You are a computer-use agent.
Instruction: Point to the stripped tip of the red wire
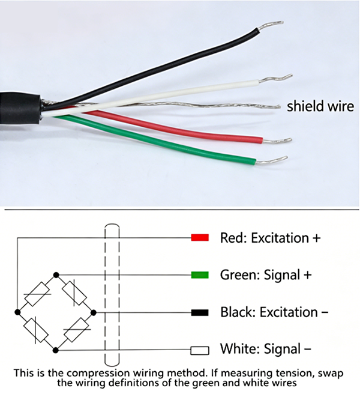(277, 141)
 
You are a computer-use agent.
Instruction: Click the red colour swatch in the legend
(199, 237)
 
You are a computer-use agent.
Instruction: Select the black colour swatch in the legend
(199, 312)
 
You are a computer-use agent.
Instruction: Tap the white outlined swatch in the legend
(199, 350)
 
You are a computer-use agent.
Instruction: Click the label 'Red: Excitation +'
(270, 237)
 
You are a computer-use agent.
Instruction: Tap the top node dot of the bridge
(56, 274)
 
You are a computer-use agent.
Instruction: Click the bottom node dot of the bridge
(56, 350)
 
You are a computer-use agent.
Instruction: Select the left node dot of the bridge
(19, 312)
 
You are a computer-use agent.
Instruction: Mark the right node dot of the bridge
(94, 312)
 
